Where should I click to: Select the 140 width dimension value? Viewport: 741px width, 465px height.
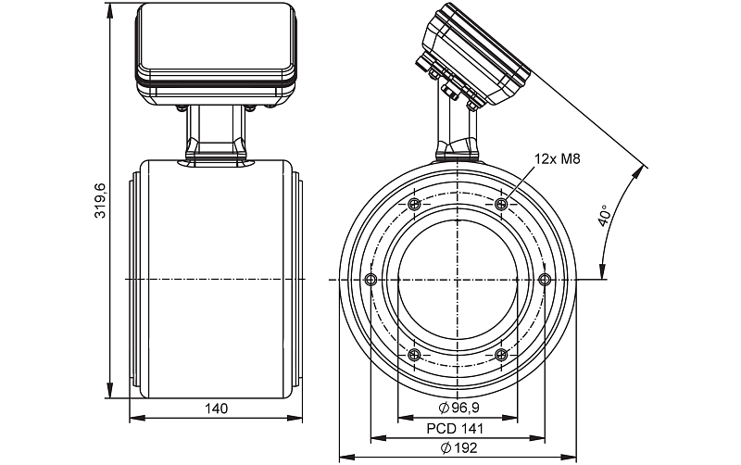pos(217,408)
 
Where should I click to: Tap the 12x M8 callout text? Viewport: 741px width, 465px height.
pos(557,160)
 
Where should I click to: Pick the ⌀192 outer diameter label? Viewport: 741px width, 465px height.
pos(458,447)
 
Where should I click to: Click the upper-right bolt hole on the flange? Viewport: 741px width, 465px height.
pos(501,204)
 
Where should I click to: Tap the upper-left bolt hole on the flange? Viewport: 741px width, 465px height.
pos(413,204)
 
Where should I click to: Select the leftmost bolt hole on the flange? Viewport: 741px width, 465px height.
pos(370,279)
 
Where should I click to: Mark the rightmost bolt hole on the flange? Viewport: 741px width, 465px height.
pos(545,279)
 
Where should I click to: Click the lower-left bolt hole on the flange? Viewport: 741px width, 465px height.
pos(413,354)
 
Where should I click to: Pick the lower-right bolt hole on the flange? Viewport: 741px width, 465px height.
pos(501,354)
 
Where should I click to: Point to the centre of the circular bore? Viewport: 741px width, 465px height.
pos(458,279)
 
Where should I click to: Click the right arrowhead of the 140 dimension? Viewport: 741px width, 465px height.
pos(299,418)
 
